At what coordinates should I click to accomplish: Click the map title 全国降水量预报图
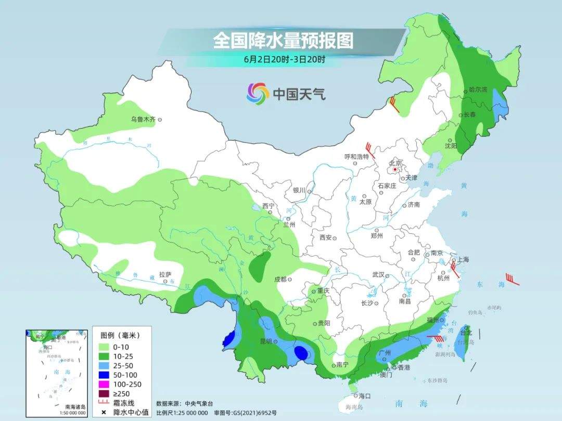pyautogui.click(x=283, y=41)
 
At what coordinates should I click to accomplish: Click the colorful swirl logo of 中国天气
pyautogui.click(x=258, y=93)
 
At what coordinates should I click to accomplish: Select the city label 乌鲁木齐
pyautogui.click(x=143, y=120)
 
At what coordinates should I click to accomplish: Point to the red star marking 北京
pyautogui.click(x=395, y=169)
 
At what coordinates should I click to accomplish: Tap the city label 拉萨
pyautogui.click(x=165, y=274)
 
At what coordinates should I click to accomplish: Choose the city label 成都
pyautogui.click(x=280, y=279)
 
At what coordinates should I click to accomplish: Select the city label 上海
pyautogui.click(x=463, y=259)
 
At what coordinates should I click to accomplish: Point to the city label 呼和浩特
pyautogui.click(x=356, y=156)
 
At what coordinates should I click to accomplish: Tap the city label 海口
pyautogui.click(x=365, y=396)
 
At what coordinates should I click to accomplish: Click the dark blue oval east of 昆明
pyautogui.click(x=301, y=353)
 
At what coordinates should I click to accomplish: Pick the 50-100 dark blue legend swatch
pyautogui.click(x=103, y=374)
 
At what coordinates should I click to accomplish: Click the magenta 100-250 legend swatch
pyautogui.click(x=103, y=384)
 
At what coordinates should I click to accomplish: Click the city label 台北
pyautogui.click(x=466, y=332)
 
